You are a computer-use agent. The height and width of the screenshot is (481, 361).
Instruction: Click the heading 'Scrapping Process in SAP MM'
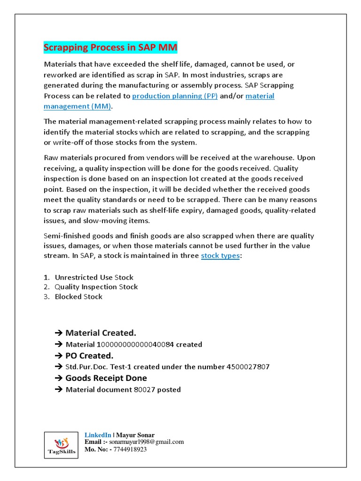click(110, 47)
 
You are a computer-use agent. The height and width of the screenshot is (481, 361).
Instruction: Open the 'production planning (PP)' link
click(175, 96)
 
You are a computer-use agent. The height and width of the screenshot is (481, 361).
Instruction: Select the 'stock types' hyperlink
click(220, 256)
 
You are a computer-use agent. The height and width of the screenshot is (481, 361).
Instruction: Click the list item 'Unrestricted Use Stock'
click(94, 277)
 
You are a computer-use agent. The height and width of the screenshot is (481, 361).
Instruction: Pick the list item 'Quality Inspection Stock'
click(96, 287)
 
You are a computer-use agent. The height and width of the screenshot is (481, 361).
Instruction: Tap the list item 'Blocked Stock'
click(78, 297)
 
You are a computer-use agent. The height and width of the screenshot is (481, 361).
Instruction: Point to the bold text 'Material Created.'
click(101, 333)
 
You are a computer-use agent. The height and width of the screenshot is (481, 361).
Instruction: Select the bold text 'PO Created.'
click(89, 356)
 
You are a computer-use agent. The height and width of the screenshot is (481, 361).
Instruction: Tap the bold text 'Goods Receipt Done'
click(106, 378)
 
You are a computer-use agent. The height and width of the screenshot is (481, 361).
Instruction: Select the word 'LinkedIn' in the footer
click(98, 435)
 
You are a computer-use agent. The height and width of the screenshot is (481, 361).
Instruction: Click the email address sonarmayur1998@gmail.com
click(149, 442)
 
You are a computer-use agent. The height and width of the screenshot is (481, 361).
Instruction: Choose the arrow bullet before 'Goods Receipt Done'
click(59, 378)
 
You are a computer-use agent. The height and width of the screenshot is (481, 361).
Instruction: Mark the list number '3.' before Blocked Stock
click(47, 297)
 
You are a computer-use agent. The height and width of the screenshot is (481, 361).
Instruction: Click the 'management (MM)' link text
click(78, 106)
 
